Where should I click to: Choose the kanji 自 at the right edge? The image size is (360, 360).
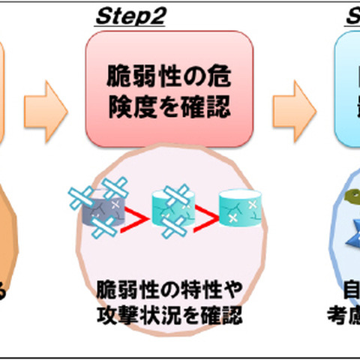click(349, 289)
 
